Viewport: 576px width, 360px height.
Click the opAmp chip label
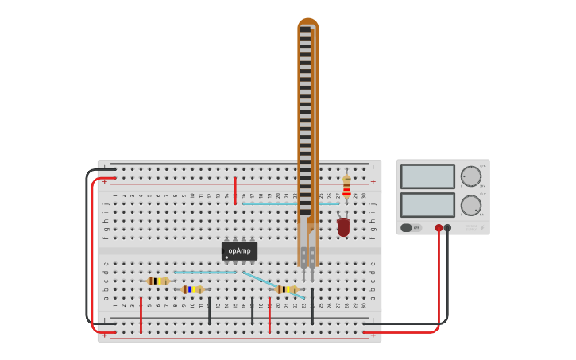point(239,251)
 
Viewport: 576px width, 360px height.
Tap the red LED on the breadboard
point(343,227)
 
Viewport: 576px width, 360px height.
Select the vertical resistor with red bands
point(346,187)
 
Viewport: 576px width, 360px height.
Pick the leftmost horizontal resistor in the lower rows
point(158,281)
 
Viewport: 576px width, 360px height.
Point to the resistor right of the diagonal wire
point(286,289)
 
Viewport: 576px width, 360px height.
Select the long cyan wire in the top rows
point(291,203)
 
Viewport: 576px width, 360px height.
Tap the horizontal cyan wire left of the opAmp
point(205,273)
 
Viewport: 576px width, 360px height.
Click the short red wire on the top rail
point(235,191)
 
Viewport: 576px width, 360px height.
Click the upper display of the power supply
point(427,176)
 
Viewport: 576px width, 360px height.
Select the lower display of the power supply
point(427,205)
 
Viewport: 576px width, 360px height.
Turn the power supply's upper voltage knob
point(470,176)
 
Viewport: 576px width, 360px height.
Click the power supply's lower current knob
point(470,205)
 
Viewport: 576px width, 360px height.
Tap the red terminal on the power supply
point(439,228)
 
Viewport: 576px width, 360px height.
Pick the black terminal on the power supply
point(447,228)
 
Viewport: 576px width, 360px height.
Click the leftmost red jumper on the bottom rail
point(141,315)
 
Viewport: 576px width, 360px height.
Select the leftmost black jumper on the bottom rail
point(210,312)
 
